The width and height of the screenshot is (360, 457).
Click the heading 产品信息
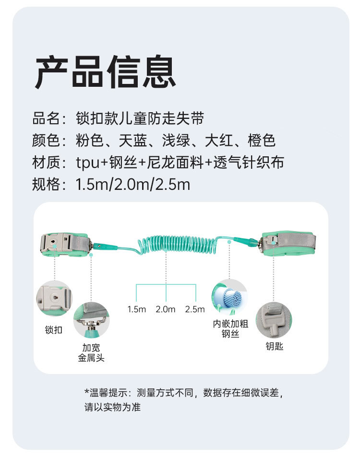(105, 72)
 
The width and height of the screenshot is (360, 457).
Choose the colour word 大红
(219, 141)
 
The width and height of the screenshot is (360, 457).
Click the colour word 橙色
(262, 141)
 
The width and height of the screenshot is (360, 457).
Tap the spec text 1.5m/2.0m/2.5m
(133, 185)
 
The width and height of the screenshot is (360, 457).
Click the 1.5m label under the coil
(136, 309)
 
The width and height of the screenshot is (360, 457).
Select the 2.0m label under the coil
(166, 309)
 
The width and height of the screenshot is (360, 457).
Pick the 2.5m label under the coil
(195, 309)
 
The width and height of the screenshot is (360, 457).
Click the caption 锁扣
(54, 330)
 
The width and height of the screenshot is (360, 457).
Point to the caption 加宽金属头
(91, 352)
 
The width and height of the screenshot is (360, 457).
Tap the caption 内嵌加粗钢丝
(230, 328)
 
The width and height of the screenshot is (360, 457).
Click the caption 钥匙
(274, 346)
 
